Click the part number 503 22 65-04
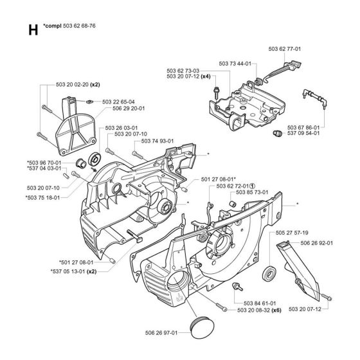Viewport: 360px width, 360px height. [119, 102]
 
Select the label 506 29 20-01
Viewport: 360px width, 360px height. [119, 109]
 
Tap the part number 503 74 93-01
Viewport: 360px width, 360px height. [157, 123]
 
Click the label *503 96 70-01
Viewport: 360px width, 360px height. [44, 163]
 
